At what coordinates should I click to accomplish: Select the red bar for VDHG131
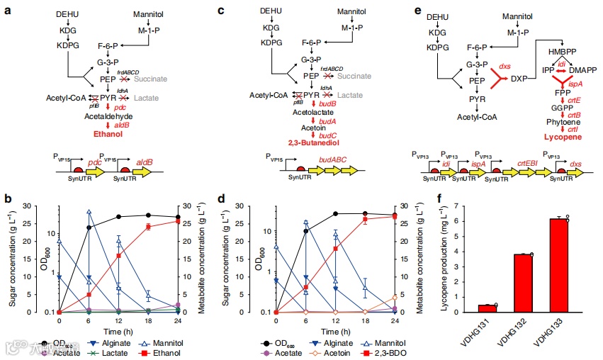[485, 308]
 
